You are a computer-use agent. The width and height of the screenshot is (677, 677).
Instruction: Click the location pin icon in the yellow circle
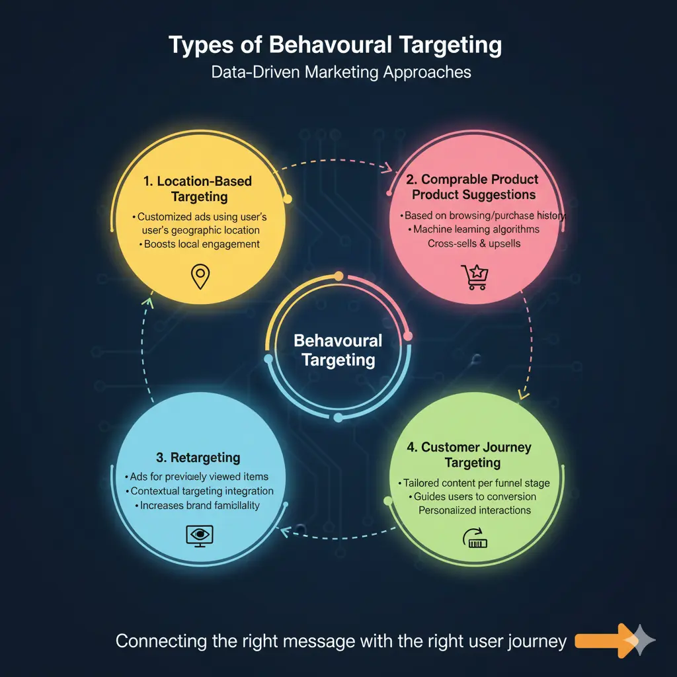pos(199,276)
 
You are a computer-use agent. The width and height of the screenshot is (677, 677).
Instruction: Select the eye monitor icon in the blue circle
pos(199,535)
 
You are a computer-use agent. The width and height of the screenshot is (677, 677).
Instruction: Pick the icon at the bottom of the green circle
pos(476,539)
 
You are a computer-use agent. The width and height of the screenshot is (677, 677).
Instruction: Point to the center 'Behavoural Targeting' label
pos(338,350)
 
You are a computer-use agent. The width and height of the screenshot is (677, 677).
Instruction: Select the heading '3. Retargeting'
pos(199,458)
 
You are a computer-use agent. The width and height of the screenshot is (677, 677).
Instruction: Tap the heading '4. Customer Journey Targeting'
pos(469,455)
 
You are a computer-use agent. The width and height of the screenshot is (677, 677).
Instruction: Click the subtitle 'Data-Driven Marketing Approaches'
pos(341,71)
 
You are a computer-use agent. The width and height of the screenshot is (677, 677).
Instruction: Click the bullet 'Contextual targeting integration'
pos(199,491)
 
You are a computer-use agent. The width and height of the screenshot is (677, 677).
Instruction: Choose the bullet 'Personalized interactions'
pos(475,510)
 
